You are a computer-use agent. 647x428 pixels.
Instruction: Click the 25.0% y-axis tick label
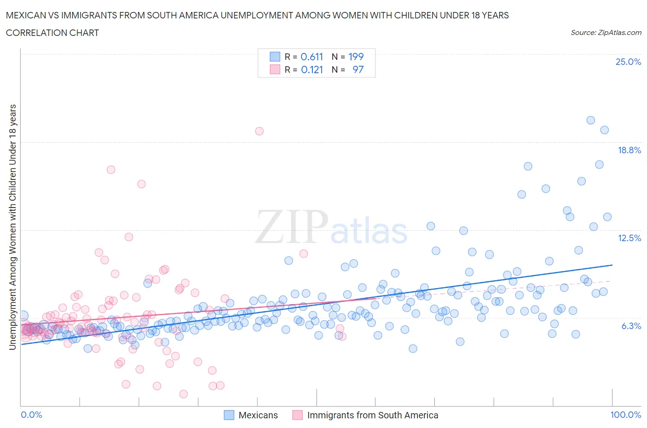(x=628, y=62)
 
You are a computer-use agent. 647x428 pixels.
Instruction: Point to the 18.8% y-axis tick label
(x=629, y=150)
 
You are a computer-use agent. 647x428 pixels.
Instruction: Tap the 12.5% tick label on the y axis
(x=629, y=238)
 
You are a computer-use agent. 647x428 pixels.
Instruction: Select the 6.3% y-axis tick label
(x=631, y=326)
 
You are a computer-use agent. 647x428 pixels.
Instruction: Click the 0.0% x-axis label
(x=31, y=415)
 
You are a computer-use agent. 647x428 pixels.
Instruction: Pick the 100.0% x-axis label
(x=625, y=415)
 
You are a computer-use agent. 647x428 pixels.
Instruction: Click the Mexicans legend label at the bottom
(x=258, y=415)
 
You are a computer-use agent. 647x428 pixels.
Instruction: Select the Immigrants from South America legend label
(x=372, y=415)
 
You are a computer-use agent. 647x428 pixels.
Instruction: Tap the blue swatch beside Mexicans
(x=229, y=415)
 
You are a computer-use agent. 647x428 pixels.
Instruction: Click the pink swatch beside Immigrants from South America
(x=298, y=415)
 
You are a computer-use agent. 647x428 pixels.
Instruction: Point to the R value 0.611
(x=312, y=57)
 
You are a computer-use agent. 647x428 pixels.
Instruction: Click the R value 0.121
(x=312, y=69)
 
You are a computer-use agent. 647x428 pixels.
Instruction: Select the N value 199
(x=356, y=57)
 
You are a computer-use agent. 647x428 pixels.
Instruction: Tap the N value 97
(x=358, y=69)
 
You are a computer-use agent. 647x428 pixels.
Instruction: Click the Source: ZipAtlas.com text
(x=606, y=32)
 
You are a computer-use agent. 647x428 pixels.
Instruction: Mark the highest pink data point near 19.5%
(x=259, y=131)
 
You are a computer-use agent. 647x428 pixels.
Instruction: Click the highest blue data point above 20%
(x=590, y=120)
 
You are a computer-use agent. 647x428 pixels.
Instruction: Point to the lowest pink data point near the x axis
(x=183, y=394)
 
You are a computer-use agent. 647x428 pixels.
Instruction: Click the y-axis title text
(x=12, y=227)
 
